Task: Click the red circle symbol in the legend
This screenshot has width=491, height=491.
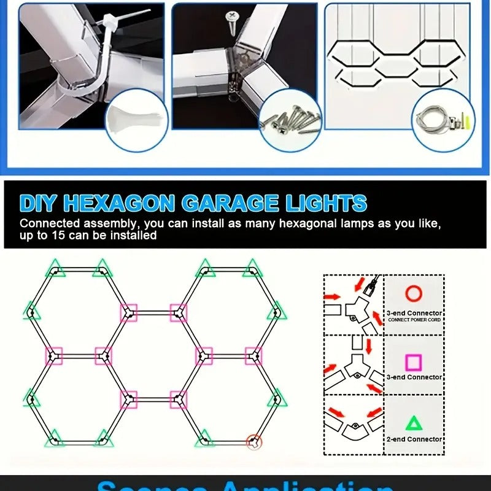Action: click(x=414, y=293)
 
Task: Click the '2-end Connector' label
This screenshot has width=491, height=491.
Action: click(x=414, y=439)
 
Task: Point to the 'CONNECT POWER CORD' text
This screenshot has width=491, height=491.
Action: click(x=414, y=320)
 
